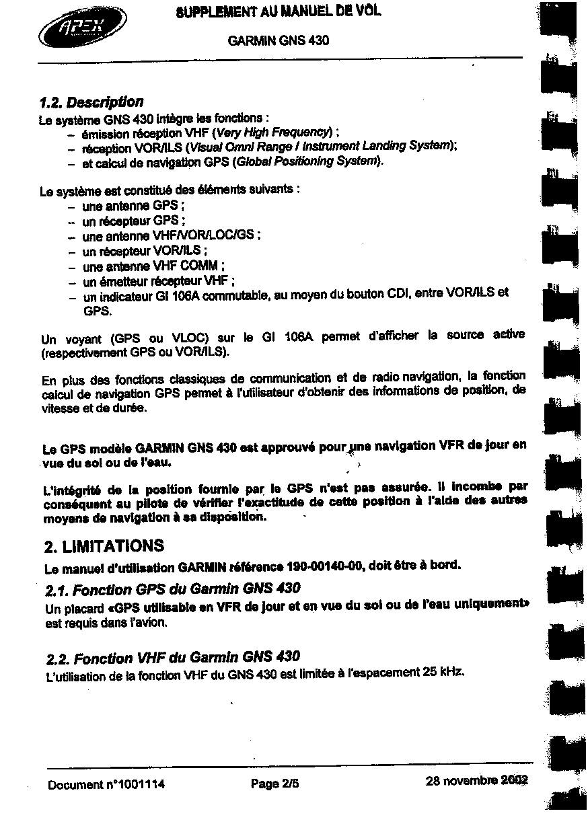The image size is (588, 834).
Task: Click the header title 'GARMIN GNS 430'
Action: pos(279,40)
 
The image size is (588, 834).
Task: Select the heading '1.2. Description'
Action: pos(91,102)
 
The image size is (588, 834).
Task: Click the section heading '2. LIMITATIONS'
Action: pos(104,545)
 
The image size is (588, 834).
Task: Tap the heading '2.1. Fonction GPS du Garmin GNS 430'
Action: pos(173,589)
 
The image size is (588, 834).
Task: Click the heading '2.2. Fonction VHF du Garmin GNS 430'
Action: pos(174,656)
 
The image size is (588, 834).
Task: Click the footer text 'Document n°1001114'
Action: pos(106,784)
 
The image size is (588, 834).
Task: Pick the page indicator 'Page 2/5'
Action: pos(274,784)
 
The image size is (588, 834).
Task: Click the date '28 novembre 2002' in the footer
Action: pos(476,781)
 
